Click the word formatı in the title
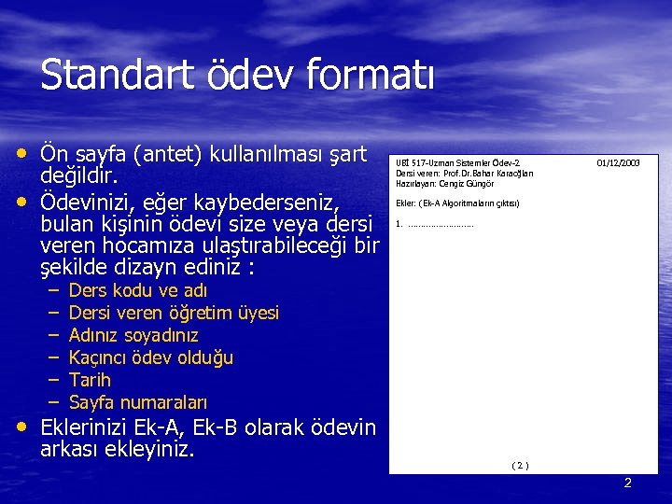click(x=378, y=75)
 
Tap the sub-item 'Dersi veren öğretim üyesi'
click(x=174, y=313)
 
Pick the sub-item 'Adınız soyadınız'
click(x=133, y=335)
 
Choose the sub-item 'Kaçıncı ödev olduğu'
click(x=151, y=357)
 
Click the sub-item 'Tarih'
click(x=90, y=380)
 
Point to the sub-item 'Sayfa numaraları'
click(x=138, y=402)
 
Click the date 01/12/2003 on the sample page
click(x=618, y=162)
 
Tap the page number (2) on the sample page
click(x=521, y=465)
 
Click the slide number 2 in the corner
click(x=627, y=483)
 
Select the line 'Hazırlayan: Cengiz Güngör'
click(x=444, y=183)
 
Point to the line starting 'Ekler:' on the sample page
click(x=456, y=203)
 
